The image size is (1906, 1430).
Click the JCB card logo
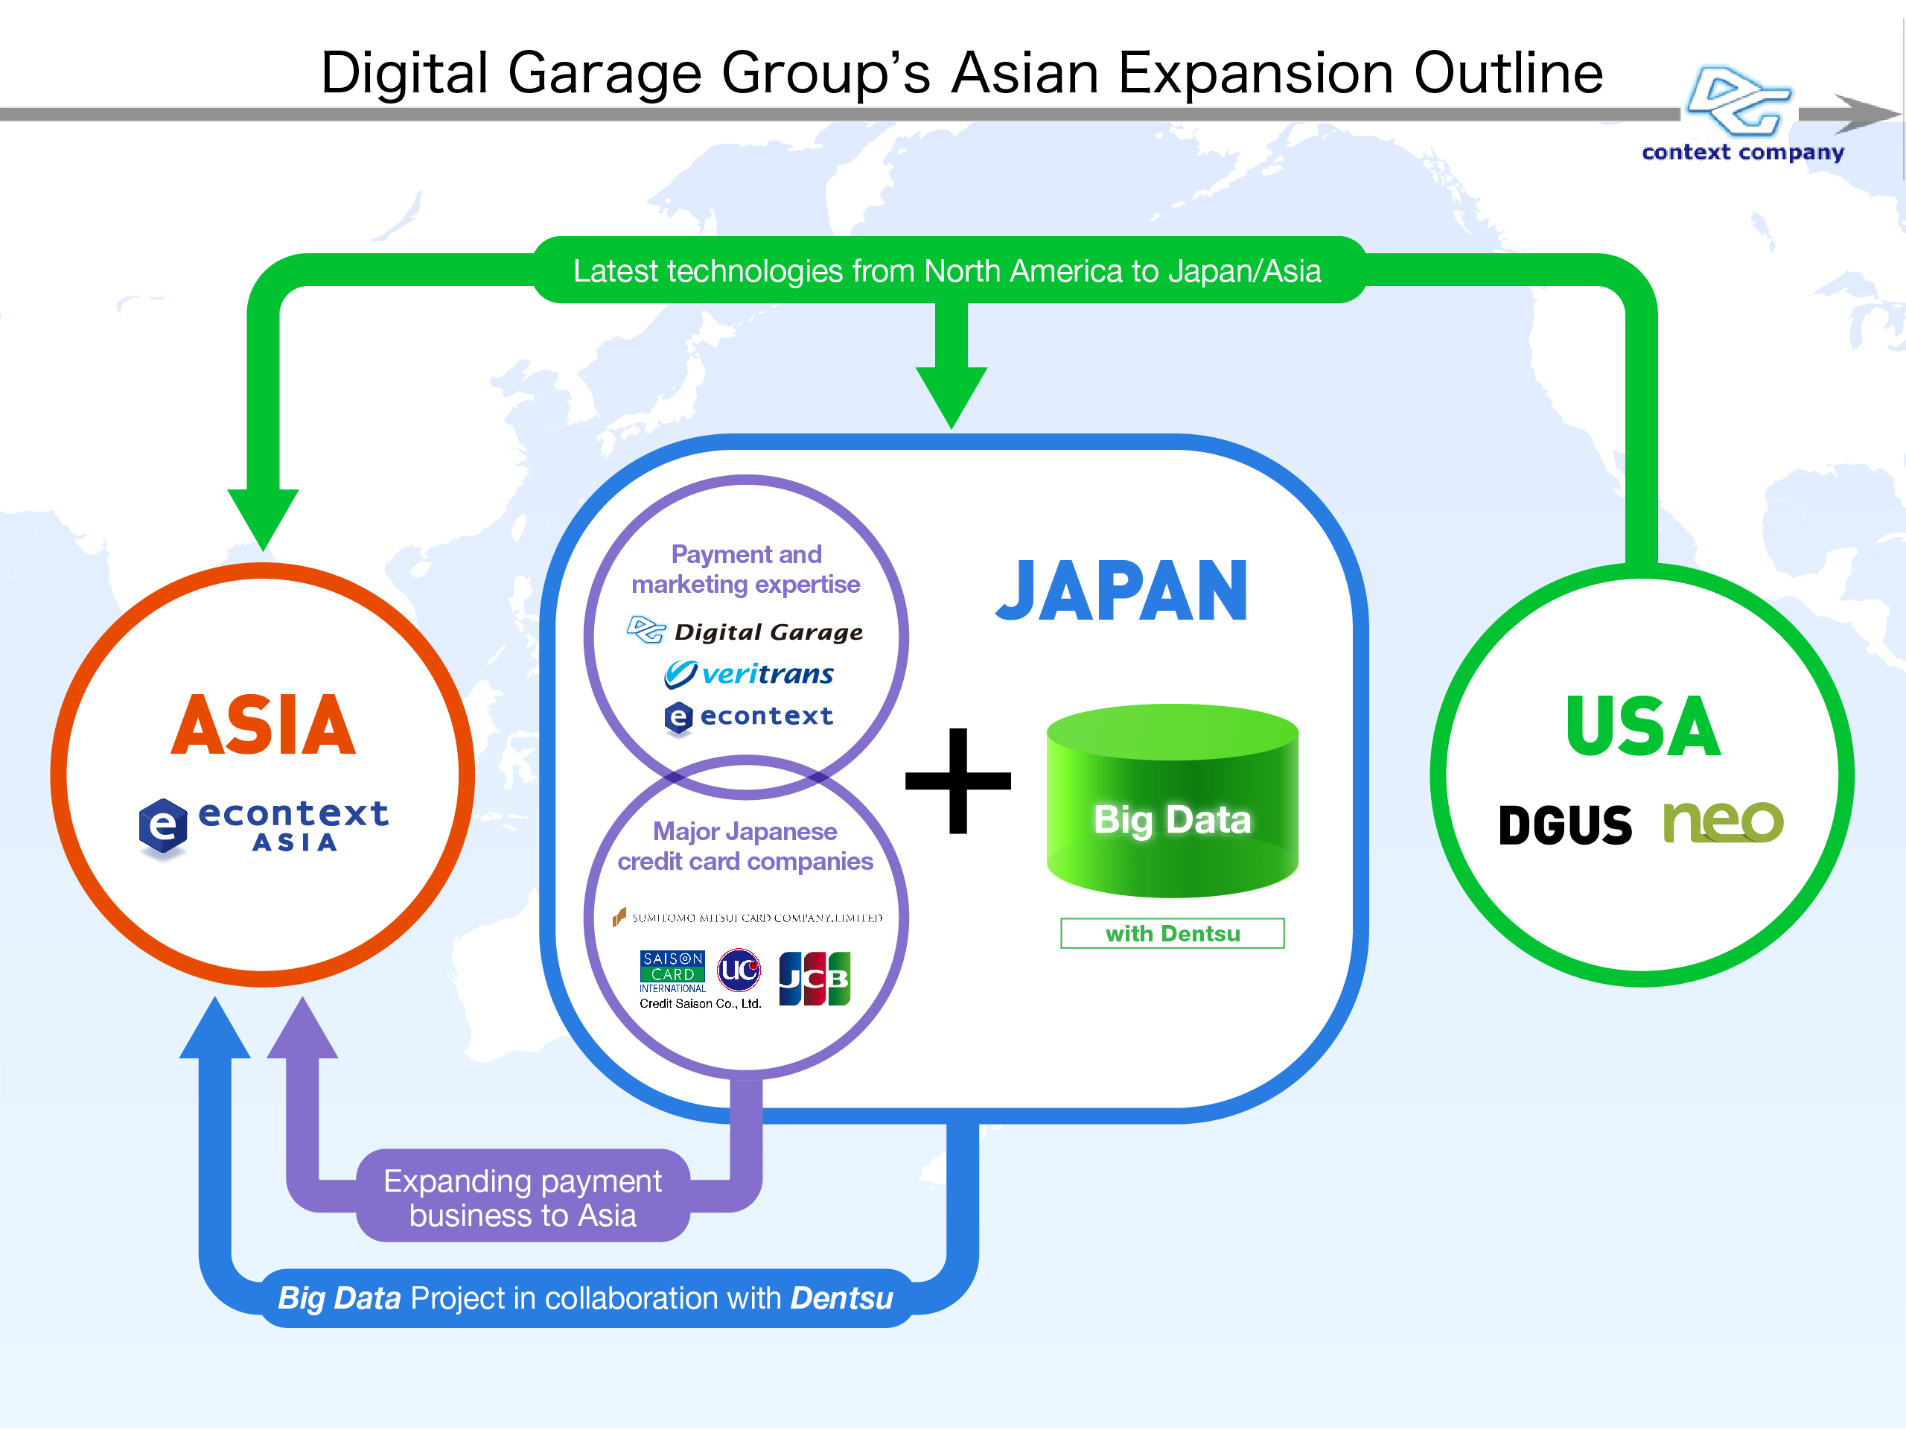pyautogui.click(x=815, y=979)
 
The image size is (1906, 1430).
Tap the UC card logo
pyautogui.click(x=739, y=970)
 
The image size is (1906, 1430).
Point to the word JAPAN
pyautogui.click(x=1122, y=591)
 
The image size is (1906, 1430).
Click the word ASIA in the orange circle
pyautogui.click(x=263, y=725)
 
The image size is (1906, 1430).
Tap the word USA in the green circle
pyautogui.click(x=1643, y=727)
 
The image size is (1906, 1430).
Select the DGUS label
pyautogui.click(x=1565, y=825)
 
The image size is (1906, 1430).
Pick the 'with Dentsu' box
pyautogui.click(x=1172, y=933)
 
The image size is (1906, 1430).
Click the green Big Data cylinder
pyautogui.click(x=1172, y=801)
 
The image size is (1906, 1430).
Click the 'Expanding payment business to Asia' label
pyautogui.click(x=523, y=1198)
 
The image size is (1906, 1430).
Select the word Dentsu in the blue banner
pyautogui.click(x=842, y=1298)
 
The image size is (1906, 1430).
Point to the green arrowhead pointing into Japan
pyautogui.click(x=952, y=398)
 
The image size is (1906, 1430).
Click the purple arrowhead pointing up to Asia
pyautogui.click(x=302, y=1028)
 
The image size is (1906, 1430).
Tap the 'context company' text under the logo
pyautogui.click(x=1743, y=153)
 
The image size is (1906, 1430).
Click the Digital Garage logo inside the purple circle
pyautogui.click(x=745, y=631)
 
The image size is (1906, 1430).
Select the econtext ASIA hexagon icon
pyautogui.click(x=163, y=827)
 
